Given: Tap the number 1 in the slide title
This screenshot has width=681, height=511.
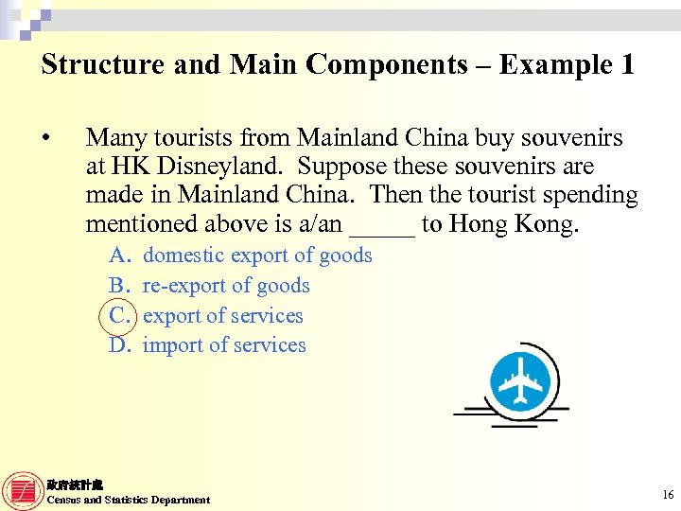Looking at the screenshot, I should (x=626, y=64).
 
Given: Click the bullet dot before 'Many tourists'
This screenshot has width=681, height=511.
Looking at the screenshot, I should (x=45, y=138).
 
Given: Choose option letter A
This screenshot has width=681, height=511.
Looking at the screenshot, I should (x=119, y=255).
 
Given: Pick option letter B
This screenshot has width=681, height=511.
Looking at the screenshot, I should (x=119, y=286).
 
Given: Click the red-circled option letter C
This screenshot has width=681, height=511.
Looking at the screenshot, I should (x=119, y=316).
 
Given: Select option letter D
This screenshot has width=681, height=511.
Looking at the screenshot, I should (x=119, y=345).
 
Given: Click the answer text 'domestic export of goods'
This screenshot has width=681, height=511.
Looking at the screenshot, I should (x=257, y=255).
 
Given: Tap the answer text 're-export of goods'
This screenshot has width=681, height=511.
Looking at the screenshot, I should (x=226, y=286).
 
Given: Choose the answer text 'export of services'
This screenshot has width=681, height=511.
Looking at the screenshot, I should (x=223, y=316).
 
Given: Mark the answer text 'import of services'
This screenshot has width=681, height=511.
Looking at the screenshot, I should (x=224, y=345).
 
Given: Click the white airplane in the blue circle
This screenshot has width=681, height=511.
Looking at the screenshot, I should (x=519, y=383).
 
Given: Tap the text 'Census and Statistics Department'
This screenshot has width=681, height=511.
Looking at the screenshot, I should (x=129, y=500).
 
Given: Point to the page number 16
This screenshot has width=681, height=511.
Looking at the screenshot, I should (x=668, y=495).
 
